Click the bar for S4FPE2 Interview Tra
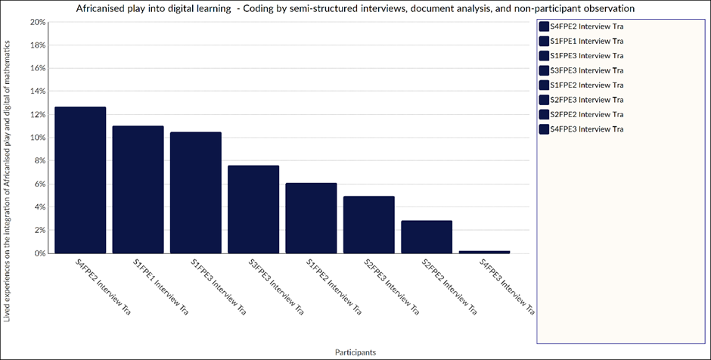tap(80, 180)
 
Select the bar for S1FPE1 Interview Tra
tap(138, 190)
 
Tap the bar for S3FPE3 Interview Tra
tap(253, 209)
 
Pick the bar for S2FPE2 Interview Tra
tap(427, 237)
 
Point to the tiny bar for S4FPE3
tap(484, 252)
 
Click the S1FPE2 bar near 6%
tap(311, 218)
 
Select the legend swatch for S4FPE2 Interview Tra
tap(544, 26)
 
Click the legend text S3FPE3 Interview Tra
tap(587, 70)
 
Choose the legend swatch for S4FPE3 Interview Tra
tap(544, 129)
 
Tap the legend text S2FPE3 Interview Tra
tap(587, 100)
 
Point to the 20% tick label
tap(37, 22)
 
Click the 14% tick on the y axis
tap(37, 91)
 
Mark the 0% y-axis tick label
tap(39, 253)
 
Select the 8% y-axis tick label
tap(39, 160)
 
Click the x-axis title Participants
tap(355, 352)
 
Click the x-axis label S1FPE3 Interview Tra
tap(219, 287)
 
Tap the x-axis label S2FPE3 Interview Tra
tap(392, 287)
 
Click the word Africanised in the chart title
tap(98, 8)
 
